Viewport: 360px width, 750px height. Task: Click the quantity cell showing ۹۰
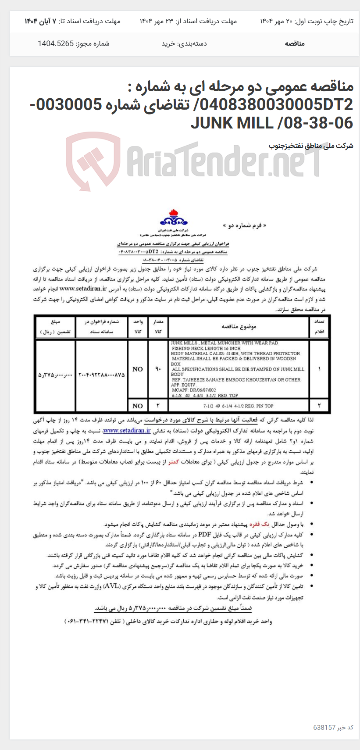point(158,369)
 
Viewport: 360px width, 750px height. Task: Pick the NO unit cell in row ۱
point(138,369)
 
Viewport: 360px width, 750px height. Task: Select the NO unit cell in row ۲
point(138,406)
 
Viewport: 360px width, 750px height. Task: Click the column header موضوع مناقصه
point(239,327)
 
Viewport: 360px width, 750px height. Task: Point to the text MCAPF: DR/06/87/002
point(193,389)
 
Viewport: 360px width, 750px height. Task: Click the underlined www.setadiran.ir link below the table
point(127,431)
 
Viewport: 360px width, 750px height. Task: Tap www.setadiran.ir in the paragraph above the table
point(83,289)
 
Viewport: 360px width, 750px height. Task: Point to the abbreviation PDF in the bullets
point(205,534)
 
